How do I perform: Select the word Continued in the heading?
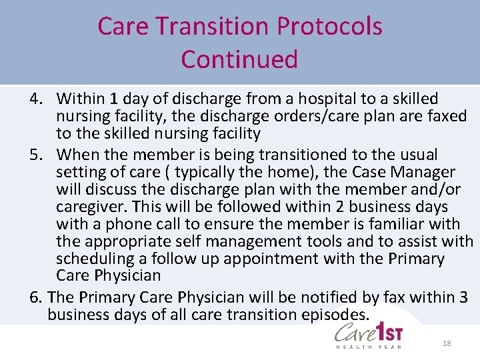pyautogui.click(x=239, y=59)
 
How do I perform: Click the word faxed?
pyautogui.click(x=445, y=116)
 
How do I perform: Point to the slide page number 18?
pyautogui.click(x=447, y=343)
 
